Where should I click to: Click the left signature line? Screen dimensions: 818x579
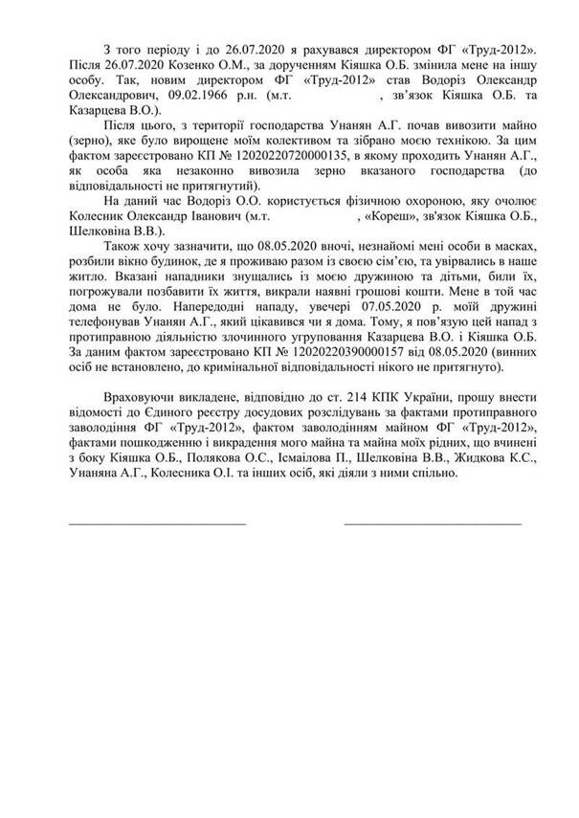(156, 523)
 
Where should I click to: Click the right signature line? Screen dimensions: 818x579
(433, 523)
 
